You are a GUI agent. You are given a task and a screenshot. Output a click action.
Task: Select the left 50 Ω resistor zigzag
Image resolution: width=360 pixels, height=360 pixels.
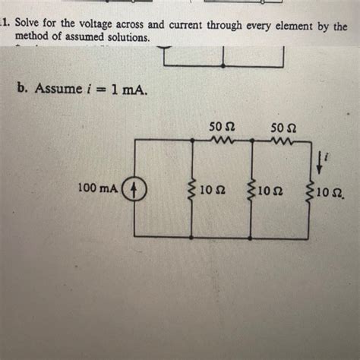click(x=223, y=139)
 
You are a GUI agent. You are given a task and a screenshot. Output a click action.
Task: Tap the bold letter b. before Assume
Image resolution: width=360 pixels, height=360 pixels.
click(x=22, y=90)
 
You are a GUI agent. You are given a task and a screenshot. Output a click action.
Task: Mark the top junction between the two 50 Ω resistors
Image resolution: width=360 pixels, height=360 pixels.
click(x=251, y=140)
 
